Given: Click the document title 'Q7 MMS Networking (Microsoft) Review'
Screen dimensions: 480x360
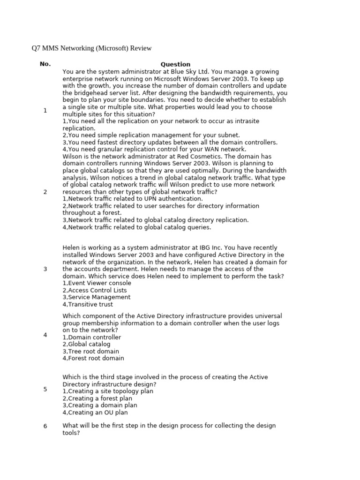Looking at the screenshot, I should coord(91,48).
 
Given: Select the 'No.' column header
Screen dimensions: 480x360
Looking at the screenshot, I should coord(45,64).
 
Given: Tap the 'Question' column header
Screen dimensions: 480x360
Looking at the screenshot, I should coord(175,64).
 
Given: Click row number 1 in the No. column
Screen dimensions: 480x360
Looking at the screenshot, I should coord(45,110).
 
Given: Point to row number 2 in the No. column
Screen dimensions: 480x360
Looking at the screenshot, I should coord(45,192).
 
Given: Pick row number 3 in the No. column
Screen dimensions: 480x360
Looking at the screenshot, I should coord(45,269).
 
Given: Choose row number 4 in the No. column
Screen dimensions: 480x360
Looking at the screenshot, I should coord(45,335).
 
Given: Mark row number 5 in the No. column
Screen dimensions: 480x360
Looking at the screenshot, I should coord(45,389).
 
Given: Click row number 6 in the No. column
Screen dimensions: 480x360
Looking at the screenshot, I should coord(45,426).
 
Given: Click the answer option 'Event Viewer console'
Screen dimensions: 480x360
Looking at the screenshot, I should coord(95,283).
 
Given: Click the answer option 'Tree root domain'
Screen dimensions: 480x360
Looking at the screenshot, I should coord(91,351).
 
